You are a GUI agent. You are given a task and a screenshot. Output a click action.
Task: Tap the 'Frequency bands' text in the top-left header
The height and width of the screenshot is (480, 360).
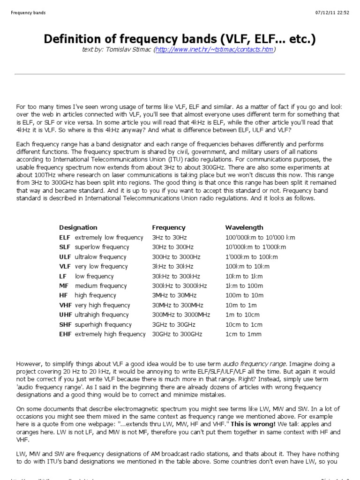28,13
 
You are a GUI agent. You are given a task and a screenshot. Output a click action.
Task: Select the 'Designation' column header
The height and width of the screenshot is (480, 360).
78,227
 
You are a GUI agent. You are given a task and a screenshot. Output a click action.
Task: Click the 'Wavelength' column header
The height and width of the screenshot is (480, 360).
244,227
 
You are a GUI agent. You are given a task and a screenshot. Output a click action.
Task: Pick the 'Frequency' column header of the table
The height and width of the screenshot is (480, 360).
169,227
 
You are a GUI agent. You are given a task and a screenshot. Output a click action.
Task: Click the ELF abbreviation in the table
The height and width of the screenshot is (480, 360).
65,237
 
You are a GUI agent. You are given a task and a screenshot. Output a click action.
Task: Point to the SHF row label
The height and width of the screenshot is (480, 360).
65,324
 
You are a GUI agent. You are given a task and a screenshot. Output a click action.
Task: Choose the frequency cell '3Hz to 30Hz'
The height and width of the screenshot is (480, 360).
169,237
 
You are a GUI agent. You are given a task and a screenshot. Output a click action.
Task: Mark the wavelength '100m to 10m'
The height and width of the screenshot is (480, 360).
244,295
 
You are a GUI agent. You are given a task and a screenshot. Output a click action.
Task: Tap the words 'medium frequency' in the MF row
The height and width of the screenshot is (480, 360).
101,285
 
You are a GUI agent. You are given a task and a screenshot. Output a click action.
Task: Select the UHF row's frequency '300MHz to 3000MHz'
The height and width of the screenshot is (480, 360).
181,315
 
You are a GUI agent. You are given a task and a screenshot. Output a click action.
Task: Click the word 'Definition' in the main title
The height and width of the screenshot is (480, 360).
73,39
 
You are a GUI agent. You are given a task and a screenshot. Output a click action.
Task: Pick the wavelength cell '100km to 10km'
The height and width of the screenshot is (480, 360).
247,266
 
